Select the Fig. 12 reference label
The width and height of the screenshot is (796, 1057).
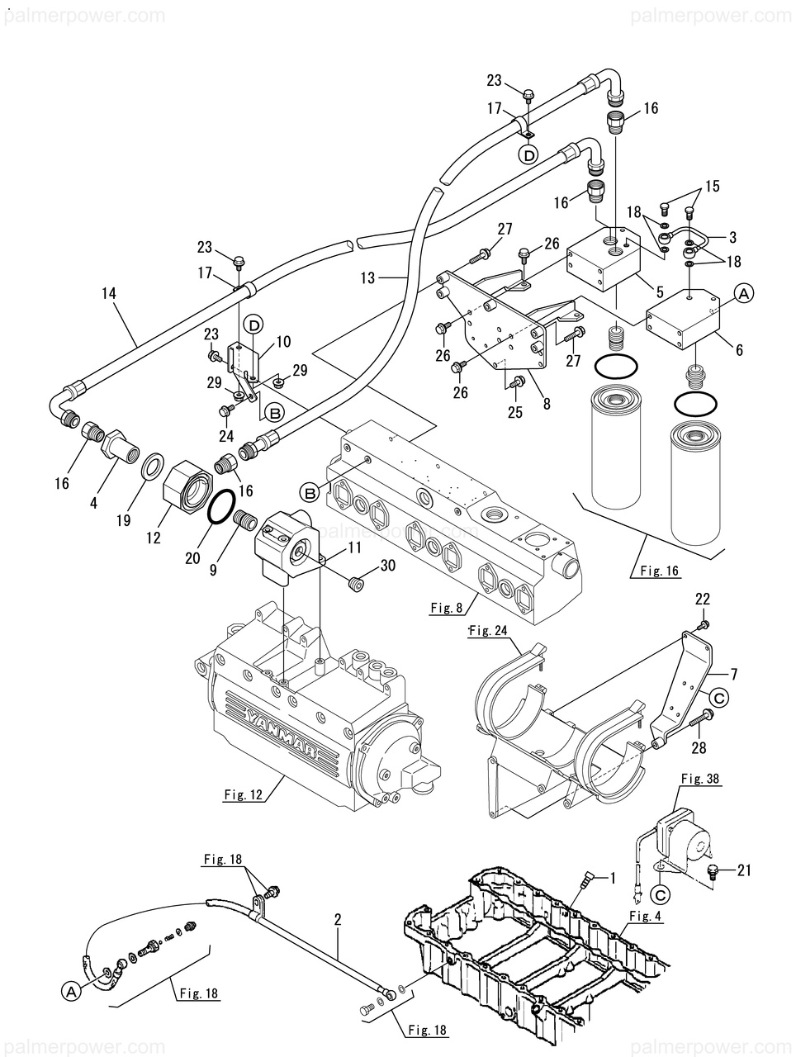pyautogui.click(x=243, y=795)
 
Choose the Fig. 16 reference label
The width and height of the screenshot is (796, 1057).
pyautogui.click(x=660, y=570)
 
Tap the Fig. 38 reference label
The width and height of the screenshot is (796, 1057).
pyautogui.click(x=701, y=778)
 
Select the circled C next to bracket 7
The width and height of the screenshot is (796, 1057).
pyautogui.click(x=720, y=698)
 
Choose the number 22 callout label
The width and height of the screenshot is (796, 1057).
pyautogui.click(x=703, y=600)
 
